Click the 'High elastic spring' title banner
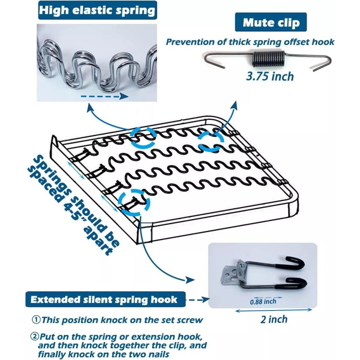point(97,11)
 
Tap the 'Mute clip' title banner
point(271,22)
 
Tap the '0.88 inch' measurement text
point(264,301)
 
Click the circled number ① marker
point(36,320)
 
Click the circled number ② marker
point(36,337)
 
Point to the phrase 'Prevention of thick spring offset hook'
point(250,42)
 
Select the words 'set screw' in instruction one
point(178,320)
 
